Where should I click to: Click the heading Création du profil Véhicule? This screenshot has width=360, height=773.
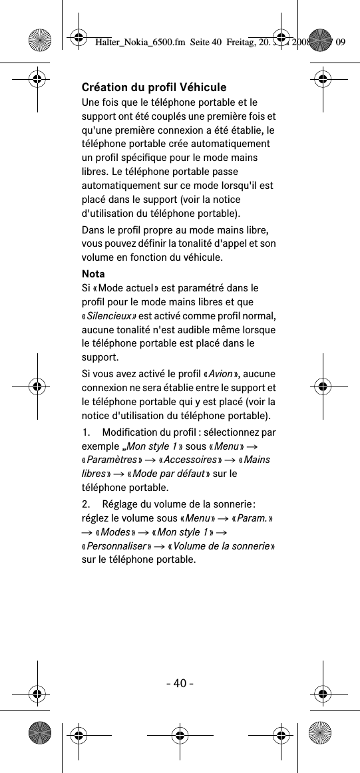[154, 87]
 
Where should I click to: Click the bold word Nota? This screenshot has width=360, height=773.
[92, 274]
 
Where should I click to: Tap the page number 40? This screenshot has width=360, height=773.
[180, 683]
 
